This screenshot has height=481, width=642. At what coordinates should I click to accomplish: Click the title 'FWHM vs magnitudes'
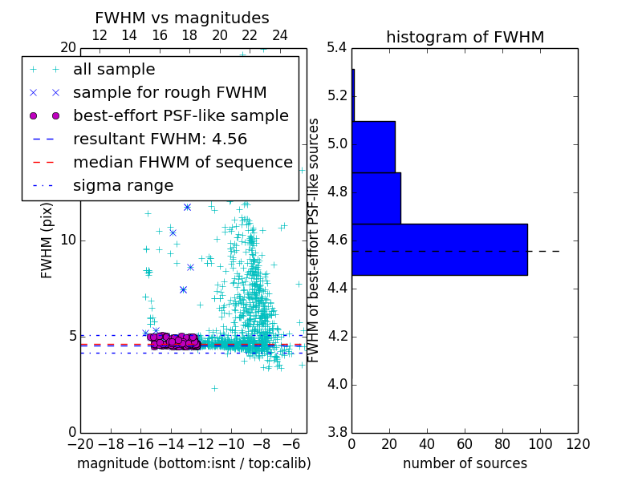pos(182,18)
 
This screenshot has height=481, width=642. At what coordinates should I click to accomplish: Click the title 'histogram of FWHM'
pos(465,37)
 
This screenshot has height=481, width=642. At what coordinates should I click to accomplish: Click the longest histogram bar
pos(439,249)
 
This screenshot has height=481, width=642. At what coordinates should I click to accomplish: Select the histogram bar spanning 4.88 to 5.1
pos(373,147)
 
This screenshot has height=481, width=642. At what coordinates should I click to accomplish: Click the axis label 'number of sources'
pos(465,463)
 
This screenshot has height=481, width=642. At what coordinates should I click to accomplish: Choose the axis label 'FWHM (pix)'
pos(47,240)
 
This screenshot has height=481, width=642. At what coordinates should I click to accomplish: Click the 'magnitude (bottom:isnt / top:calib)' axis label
pos(193,463)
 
